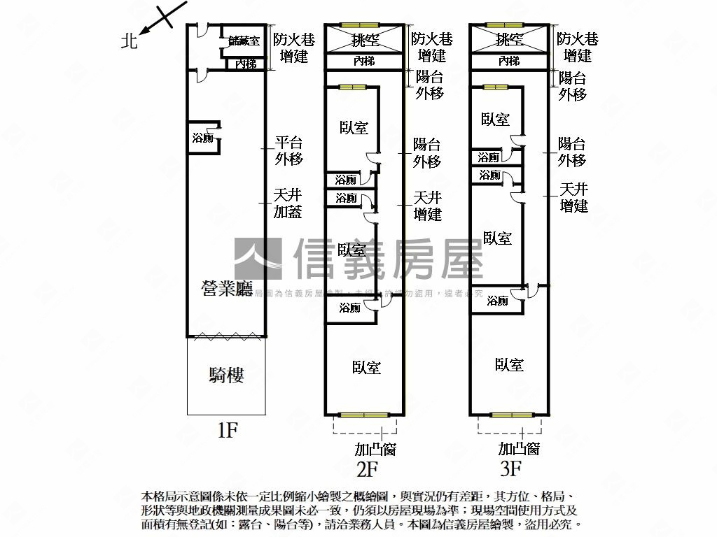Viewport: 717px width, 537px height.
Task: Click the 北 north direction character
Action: point(128,41)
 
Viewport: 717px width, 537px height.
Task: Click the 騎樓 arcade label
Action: point(227,375)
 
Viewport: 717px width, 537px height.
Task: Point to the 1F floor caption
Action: point(228,429)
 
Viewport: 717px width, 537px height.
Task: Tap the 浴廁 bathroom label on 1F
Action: point(203,138)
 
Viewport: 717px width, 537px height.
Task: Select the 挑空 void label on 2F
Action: point(366,40)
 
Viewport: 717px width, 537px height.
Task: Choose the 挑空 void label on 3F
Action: point(509,40)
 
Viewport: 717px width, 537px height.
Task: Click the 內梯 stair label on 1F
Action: point(246,64)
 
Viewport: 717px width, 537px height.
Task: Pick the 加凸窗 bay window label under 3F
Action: point(519,449)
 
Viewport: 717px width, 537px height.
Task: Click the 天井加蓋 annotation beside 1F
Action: point(288,203)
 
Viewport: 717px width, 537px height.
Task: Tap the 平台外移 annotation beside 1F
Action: point(288,150)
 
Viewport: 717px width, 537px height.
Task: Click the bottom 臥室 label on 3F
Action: point(509,364)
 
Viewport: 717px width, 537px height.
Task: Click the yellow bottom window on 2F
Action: point(363,415)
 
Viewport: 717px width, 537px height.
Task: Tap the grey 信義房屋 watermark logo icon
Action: point(258,259)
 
